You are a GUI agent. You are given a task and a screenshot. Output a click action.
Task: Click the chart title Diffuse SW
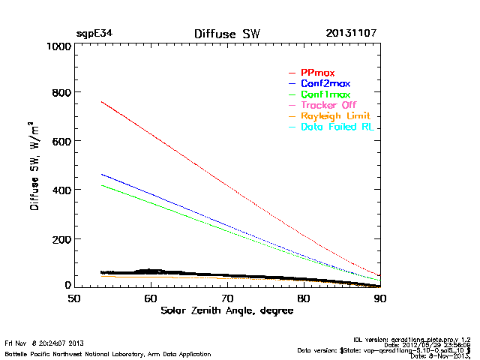(226, 34)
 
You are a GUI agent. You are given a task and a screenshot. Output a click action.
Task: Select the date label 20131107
(351, 34)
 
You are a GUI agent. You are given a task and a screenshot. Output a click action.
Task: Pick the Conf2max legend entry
(325, 83)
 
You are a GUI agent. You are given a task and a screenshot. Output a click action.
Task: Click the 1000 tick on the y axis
(56, 46)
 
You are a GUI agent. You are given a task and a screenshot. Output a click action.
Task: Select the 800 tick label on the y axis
(60, 94)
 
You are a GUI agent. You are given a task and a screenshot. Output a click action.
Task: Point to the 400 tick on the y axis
(60, 190)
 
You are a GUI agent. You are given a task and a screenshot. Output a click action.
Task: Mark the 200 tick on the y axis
(60, 239)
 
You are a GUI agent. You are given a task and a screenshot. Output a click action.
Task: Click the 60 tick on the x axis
(151, 299)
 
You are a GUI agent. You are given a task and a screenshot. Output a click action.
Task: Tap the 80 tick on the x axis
(304, 299)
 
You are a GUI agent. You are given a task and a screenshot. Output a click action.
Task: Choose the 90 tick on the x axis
(380, 299)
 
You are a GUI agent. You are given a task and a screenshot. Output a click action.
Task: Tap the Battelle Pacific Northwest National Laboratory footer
(108, 353)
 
